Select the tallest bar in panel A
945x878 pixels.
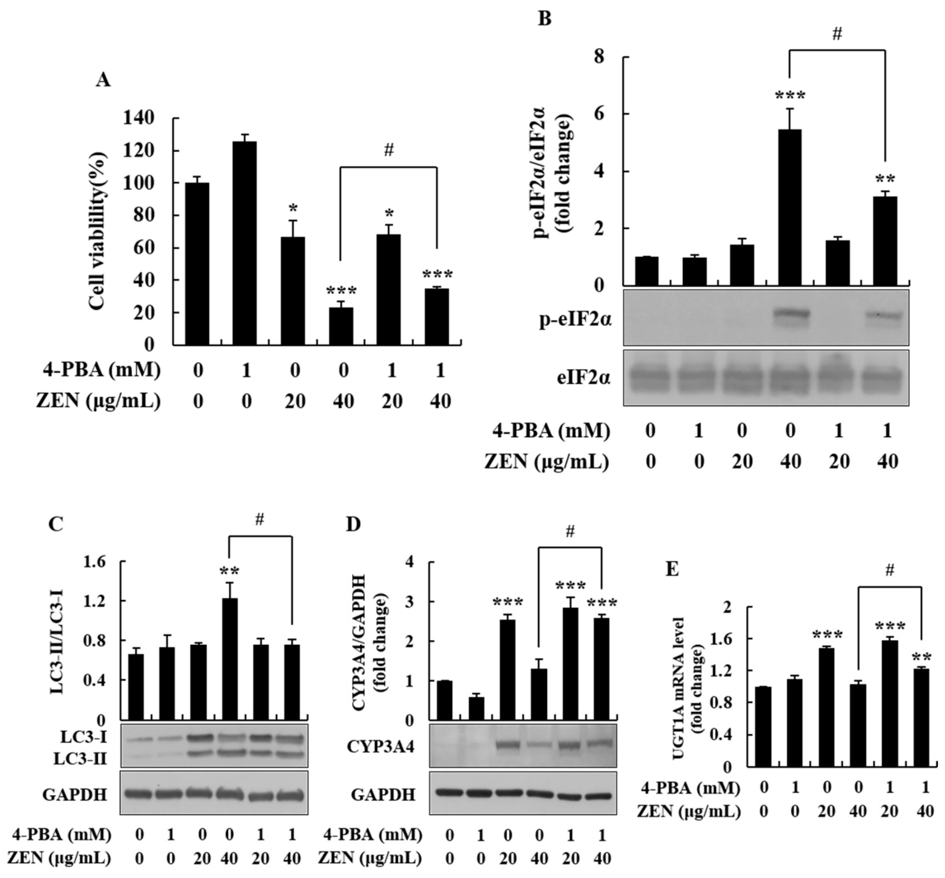(245, 243)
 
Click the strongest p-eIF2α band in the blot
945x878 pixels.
(789, 315)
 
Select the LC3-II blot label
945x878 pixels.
(80, 759)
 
